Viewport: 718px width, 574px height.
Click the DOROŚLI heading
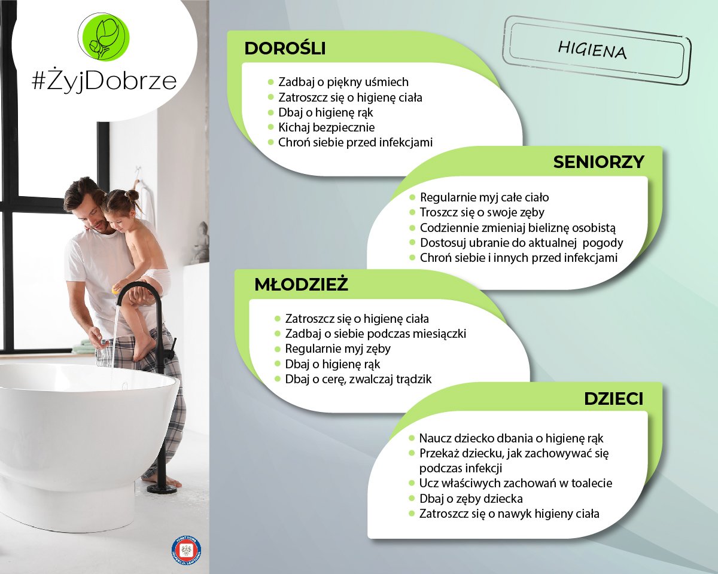285,48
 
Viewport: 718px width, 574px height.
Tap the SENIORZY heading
598,162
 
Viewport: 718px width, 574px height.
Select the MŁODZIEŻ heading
301,285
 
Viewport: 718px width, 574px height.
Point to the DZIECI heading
613,399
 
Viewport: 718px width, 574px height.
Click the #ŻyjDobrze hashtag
104,81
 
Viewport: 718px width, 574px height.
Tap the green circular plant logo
104,37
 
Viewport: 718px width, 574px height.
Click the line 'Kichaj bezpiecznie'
326,127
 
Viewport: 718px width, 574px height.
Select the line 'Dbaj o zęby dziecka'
471,499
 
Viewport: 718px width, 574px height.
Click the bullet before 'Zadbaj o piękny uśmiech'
271,82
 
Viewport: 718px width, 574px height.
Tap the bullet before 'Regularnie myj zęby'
277,349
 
